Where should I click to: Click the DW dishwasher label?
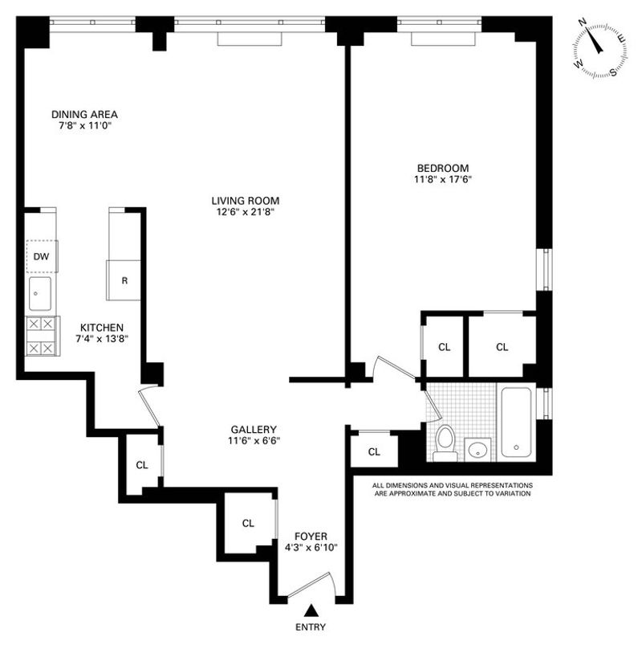[x=41, y=257]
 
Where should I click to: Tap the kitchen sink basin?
[x=40, y=294]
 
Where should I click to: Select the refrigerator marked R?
[x=124, y=280]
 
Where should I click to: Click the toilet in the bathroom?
[x=445, y=443]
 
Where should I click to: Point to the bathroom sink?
[x=477, y=450]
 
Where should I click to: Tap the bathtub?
[x=516, y=422]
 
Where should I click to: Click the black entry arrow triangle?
[x=311, y=610]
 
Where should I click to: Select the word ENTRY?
[x=311, y=627]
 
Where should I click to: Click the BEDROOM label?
[x=443, y=168]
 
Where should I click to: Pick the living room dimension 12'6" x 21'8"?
[x=246, y=212]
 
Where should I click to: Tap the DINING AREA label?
[x=85, y=114]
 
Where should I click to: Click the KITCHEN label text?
[x=102, y=328]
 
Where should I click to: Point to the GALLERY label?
[x=254, y=430]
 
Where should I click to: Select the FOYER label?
[x=311, y=537]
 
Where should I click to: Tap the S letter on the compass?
[x=613, y=72]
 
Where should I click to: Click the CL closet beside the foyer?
[x=248, y=523]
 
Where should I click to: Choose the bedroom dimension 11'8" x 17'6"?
[x=443, y=179]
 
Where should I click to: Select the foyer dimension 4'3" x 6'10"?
[x=311, y=548]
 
